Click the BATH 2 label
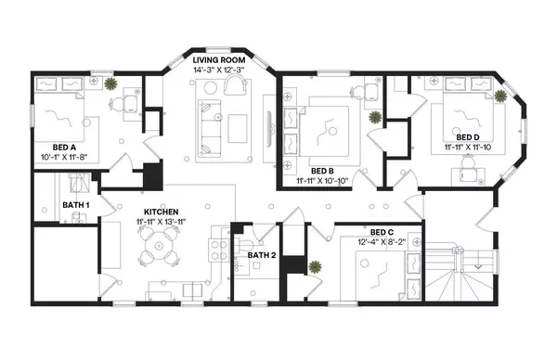[x=262, y=253]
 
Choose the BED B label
[x=322, y=171]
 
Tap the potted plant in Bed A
[x=110, y=84]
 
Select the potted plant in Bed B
[x=375, y=118]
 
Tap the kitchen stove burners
[x=220, y=249]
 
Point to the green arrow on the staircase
[x=476, y=267]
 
